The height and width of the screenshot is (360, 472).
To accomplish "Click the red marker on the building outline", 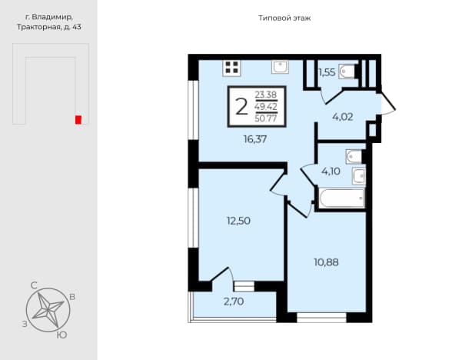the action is pos(78,119).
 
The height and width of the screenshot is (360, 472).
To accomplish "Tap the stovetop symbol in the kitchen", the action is pos(231,68).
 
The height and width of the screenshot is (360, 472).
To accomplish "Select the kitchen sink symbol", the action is pos(281,67).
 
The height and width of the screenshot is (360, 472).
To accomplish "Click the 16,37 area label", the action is pos(255,139).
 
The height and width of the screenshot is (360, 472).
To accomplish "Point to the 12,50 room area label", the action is pos(239,221).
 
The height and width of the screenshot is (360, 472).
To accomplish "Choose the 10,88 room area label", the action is pos(326,262).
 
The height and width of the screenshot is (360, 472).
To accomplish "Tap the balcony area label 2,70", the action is pos(234,302).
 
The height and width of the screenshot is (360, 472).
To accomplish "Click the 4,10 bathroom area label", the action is pos(331,172).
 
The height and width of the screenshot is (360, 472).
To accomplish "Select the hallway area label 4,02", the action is pos(343,117).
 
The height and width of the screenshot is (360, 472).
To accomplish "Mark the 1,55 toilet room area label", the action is pos(327,72).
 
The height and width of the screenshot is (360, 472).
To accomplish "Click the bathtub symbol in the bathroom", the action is pos(341,198).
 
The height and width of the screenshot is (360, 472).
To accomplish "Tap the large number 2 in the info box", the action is pos(241,107).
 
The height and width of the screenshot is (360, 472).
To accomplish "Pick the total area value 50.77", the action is pos(266,118).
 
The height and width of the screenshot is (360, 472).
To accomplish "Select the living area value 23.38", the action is pos(266,95).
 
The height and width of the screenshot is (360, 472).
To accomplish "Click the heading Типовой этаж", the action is pos(284,18).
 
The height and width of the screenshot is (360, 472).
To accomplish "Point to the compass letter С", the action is pos(34,285).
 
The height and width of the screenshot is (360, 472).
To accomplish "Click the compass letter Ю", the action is pos(61,335).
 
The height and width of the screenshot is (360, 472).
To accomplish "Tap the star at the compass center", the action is pos(48,310).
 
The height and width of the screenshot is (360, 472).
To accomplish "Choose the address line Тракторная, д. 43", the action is pos(49,27).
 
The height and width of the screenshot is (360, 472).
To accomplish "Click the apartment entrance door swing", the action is pos(388,103).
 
